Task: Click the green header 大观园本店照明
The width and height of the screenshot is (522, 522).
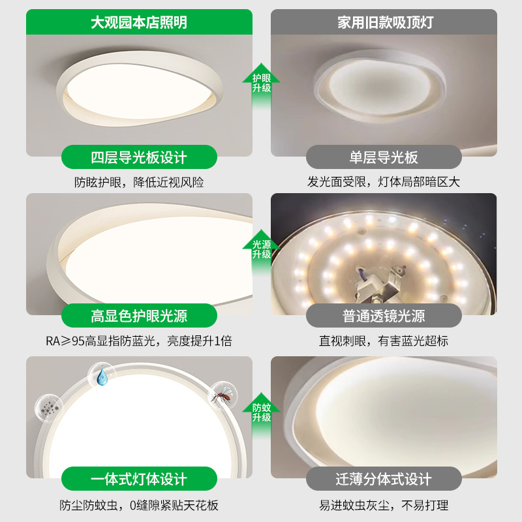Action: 139,22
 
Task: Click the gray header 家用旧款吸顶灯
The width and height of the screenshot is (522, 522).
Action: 384,22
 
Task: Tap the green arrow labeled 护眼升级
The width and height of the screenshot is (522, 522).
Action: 262,86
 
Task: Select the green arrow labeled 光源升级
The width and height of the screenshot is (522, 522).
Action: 262,253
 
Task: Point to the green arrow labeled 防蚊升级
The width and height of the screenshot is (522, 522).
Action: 262,416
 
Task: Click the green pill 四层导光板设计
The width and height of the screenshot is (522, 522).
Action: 139,157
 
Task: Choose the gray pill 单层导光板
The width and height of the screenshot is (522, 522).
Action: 384,157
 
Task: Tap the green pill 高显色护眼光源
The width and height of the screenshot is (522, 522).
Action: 139,316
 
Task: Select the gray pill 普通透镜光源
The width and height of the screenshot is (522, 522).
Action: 384,316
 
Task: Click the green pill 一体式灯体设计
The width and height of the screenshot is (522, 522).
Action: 139,479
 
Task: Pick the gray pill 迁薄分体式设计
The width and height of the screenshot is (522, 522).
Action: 384,479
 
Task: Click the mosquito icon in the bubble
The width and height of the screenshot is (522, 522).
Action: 223,395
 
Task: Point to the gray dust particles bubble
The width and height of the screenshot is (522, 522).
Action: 49,408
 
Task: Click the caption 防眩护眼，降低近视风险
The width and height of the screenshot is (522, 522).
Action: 139,183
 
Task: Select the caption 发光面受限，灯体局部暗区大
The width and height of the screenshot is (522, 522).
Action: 384,182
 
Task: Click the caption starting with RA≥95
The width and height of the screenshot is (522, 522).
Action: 139,341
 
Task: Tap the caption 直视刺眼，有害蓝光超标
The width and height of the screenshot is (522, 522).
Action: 384,341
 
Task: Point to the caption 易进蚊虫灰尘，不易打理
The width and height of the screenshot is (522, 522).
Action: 384,505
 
